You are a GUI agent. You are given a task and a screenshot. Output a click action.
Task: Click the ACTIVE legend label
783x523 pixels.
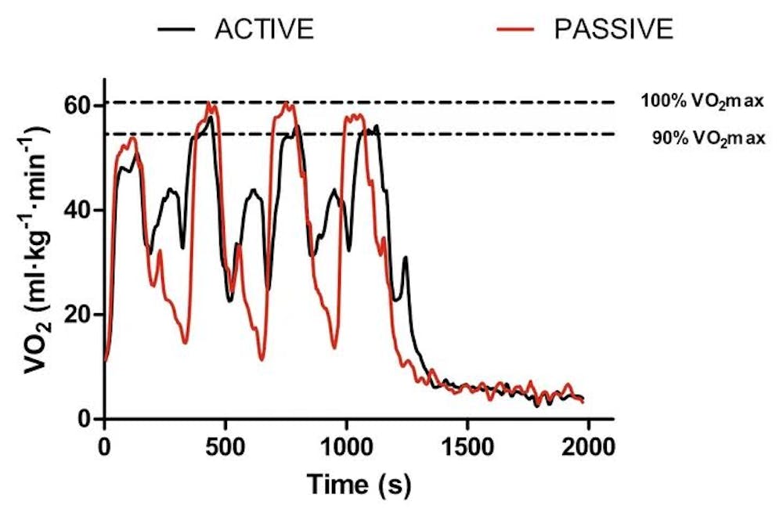[x=265, y=30]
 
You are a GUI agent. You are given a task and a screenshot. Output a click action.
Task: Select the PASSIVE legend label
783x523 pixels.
[x=613, y=30]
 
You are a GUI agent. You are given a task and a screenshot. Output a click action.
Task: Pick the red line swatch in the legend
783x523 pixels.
[x=518, y=30]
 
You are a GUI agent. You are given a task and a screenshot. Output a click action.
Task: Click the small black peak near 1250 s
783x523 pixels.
[x=406, y=258]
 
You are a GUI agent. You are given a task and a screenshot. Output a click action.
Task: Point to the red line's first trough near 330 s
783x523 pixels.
[x=185, y=342]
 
